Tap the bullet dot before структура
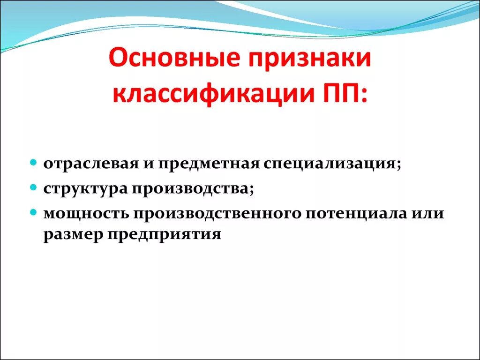(33, 187)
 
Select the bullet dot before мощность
(33, 212)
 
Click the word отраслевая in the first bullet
(91, 165)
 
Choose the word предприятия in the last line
(164, 234)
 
